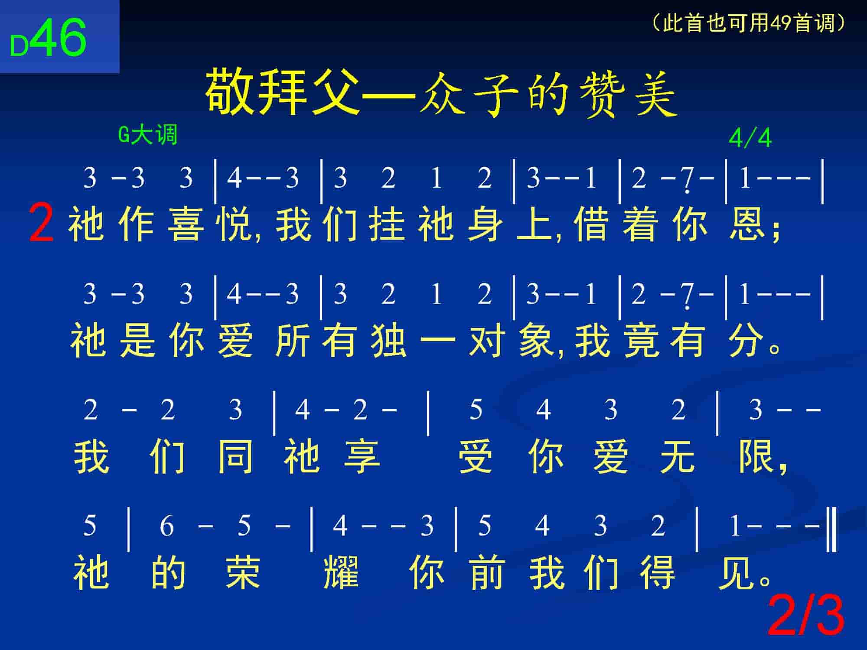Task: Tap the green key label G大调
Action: coord(148,135)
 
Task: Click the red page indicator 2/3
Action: coord(806,616)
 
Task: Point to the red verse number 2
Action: coord(41,224)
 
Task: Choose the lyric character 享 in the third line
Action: coord(362,457)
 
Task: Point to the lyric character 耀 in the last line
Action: coord(341,572)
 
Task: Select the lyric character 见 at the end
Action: coord(736,572)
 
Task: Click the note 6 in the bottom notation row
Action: coord(167,526)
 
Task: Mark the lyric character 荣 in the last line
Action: coord(243,572)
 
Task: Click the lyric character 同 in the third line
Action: coord(235,457)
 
